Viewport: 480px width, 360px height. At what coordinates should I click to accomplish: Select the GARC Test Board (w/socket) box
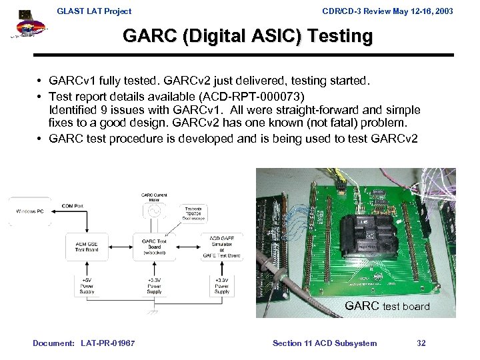154,245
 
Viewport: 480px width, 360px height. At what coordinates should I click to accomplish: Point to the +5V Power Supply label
87,286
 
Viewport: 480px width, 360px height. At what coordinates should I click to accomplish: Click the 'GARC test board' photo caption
387,306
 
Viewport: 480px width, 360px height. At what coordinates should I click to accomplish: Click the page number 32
421,343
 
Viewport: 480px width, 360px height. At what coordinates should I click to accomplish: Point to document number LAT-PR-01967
107,343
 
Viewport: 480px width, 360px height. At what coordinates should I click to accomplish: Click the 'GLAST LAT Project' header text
94,11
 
